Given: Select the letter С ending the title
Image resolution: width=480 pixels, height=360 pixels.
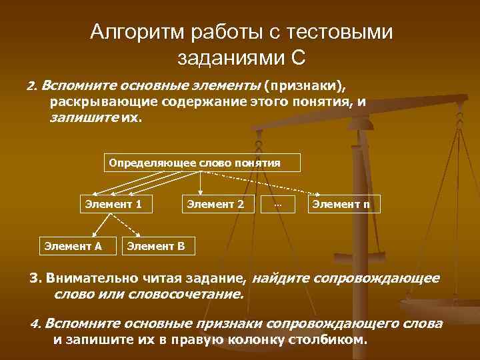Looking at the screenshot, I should (299, 58).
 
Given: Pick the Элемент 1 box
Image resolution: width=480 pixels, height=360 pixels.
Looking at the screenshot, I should (113, 203).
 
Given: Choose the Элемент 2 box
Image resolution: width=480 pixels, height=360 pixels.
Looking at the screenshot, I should (215, 203).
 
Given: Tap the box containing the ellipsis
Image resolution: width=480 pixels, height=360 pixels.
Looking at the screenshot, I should (278, 203).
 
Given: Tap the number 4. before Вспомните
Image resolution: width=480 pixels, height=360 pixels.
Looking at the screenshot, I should (36, 324).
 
